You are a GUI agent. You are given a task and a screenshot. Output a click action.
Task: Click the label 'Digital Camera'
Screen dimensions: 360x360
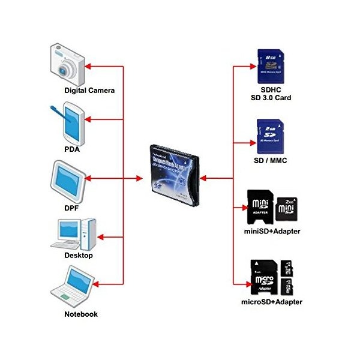[x=89, y=91]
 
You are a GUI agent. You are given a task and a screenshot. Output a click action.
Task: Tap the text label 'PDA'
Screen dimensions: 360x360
[x=73, y=149]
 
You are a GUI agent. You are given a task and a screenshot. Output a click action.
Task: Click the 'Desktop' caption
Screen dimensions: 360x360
[x=79, y=256]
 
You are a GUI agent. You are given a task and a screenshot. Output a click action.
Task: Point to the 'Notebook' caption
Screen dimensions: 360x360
[x=80, y=314]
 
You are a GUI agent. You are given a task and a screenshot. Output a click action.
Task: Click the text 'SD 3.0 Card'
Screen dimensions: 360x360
[x=271, y=97]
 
